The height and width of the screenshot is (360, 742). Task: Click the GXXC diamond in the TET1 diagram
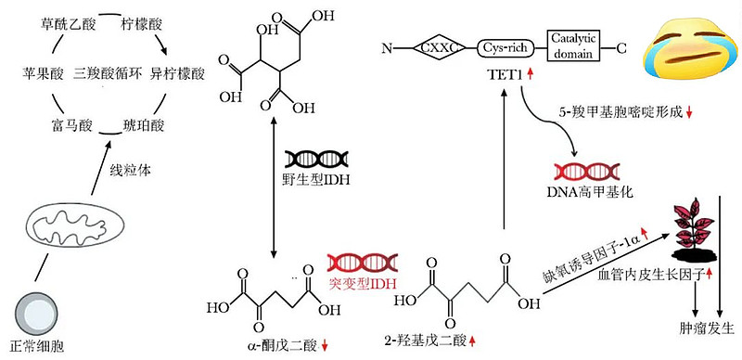coord(436,47)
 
